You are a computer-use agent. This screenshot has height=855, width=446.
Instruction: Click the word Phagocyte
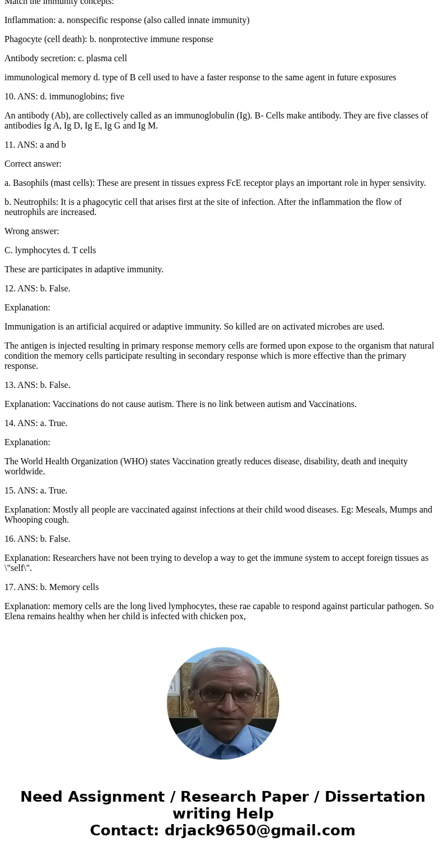point(24,39)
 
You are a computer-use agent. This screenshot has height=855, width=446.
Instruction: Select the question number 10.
point(10,97)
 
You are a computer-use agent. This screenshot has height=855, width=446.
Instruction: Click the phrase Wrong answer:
point(31,231)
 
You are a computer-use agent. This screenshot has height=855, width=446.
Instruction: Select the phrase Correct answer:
point(33,164)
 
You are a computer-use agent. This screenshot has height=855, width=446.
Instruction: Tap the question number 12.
point(10,289)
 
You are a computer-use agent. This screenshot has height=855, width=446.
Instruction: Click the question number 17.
point(10,587)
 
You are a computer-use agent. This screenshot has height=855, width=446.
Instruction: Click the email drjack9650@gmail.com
point(260,831)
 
